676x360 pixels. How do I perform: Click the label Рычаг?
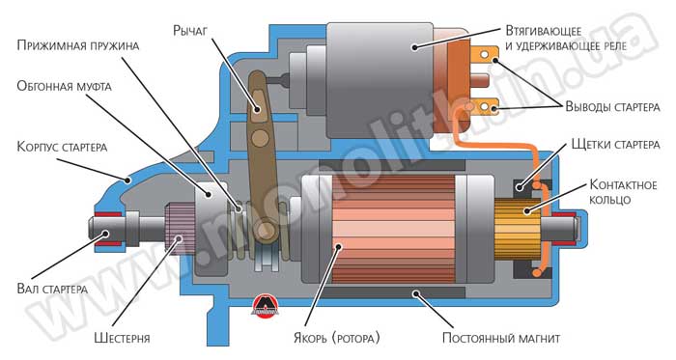point(190,31)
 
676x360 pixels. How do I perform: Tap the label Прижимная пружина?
point(78,45)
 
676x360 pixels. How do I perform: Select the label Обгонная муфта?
point(65,86)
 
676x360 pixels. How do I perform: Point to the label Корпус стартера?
point(62,147)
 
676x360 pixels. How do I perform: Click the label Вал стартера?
point(52,288)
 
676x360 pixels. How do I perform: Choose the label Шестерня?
point(122,338)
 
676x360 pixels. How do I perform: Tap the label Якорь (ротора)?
point(337,337)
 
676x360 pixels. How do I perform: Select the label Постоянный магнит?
point(501,338)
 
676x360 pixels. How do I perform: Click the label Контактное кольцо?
point(623,192)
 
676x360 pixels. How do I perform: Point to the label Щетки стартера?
point(616,144)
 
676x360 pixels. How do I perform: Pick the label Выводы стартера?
point(612,106)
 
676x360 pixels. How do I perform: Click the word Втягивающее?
point(544,32)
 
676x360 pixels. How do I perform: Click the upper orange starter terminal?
point(485,55)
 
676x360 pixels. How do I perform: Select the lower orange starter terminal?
point(485,106)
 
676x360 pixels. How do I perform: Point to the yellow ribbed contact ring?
point(518,229)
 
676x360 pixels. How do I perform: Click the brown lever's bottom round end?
point(264,232)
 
